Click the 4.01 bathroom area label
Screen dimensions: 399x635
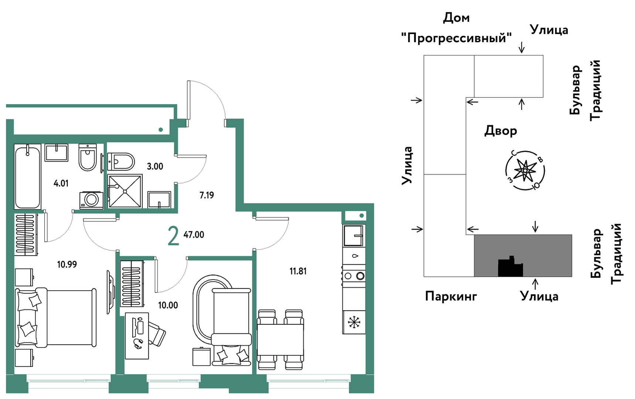[x=61, y=183]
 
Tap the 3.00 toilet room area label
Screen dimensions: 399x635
[x=155, y=166]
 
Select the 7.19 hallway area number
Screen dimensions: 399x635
[x=207, y=195]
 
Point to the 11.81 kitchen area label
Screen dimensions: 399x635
[x=298, y=271]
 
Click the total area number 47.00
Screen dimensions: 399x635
[x=194, y=235]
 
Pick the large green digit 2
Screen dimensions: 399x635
[x=173, y=237]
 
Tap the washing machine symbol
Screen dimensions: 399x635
[x=91, y=200]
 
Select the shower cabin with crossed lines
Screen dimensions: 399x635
[x=125, y=191]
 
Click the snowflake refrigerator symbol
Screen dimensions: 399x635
[x=354, y=322]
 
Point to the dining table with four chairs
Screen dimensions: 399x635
[x=280, y=339]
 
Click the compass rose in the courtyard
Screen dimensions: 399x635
[x=525, y=170]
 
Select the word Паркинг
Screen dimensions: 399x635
[x=451, y=297]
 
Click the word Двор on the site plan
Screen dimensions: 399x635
[x=500, y=131]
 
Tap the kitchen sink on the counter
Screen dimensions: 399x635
[x=354, y=236]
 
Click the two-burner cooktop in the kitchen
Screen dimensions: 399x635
[x=354, y=276]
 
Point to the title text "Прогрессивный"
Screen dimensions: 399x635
[x=456, y=38]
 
